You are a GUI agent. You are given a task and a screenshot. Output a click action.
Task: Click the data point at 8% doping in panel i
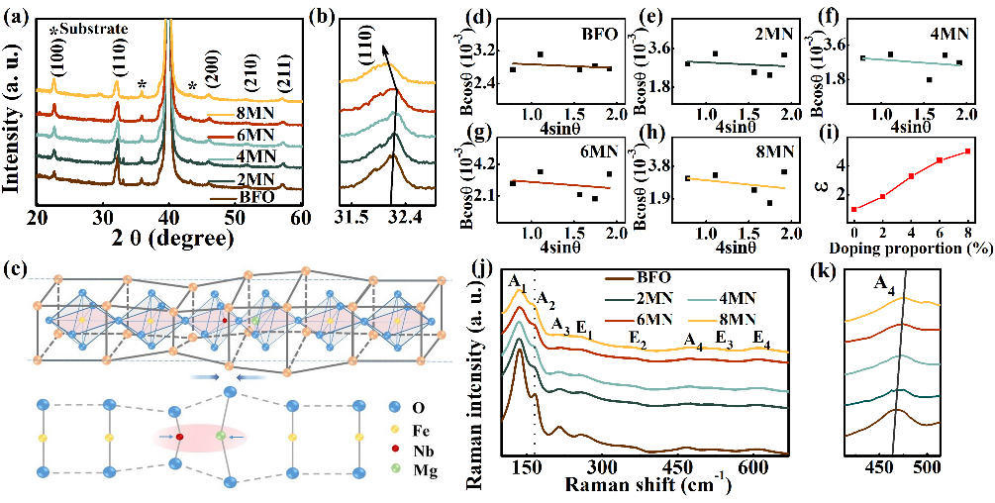pyautogui.click(x=967, y=151)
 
